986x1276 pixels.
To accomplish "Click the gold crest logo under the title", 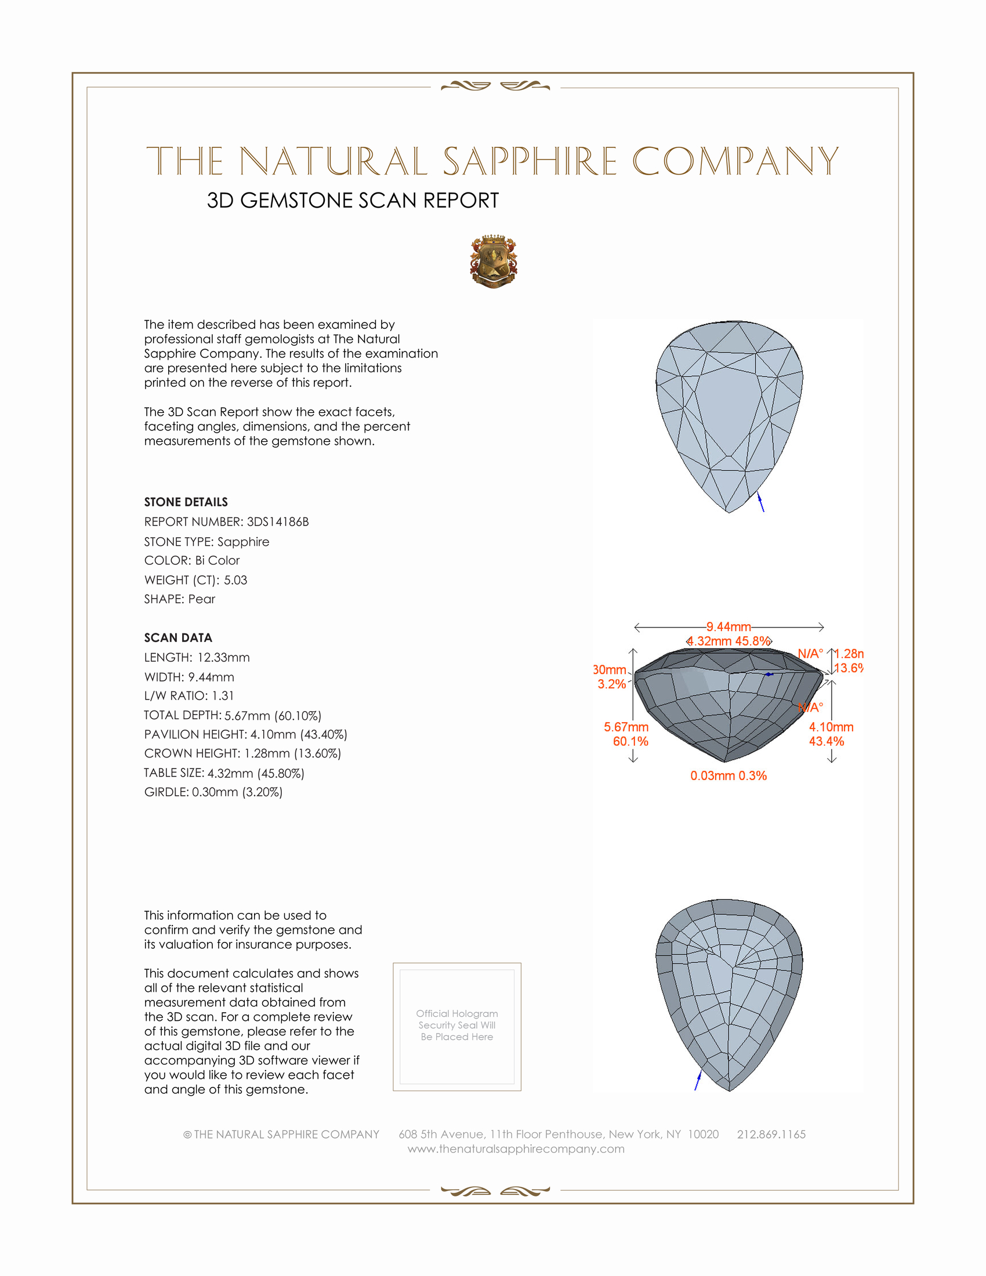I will click(x=494, y=261).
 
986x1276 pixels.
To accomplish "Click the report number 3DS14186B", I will click(x=277, y=522).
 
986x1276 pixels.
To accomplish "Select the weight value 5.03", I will click(x=235, y=580).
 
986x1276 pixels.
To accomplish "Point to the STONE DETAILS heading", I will click(x=186, y=502).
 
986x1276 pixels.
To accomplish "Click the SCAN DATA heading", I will click(x=178, y=637).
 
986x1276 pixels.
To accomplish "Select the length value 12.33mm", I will click(x=223, y=657).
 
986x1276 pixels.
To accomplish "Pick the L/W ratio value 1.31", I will click(x=223, y=696).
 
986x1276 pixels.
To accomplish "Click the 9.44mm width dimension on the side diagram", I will click(x=728, y=627).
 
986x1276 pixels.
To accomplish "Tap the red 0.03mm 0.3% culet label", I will click(x=728, y=776).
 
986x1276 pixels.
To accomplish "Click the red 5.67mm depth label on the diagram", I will click(x=626, y=727).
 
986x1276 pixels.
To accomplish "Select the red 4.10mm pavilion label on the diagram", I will click(x=831, y=727).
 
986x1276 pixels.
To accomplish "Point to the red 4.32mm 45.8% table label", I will click(x=728, y=641).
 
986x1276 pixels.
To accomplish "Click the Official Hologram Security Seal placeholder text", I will click(x=457, y=1025).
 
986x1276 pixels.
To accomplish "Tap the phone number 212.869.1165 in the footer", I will click(x=771, y=1134).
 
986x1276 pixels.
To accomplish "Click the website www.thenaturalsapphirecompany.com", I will click(x=516, y=1148).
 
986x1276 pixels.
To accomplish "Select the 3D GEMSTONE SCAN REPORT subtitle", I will click(x=353, y=201).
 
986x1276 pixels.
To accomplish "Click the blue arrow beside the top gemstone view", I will click(x=760, y=502).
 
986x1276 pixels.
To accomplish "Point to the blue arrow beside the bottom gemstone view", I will click(x=697, y=1081).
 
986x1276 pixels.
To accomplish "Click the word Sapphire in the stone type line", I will click(x=243, y=542).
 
